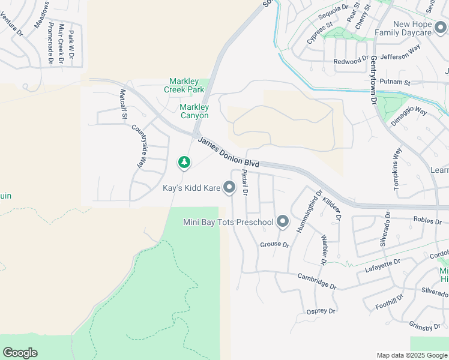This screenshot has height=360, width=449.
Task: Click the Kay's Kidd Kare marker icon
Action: (x=229, y=188)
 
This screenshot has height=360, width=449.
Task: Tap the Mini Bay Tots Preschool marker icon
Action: (x=282, y=223)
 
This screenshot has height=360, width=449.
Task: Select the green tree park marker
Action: (x=184, y=162)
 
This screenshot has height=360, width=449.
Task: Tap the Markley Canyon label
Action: (x=194, y=111)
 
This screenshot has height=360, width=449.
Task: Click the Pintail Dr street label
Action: (x=244, y=182)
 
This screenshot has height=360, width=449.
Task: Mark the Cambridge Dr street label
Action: (x=318, y=281)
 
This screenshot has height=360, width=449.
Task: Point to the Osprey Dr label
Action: (x=321, y=311)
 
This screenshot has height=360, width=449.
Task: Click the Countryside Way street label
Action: (x=139, y=146)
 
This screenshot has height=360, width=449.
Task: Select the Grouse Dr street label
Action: (x=274, y=245)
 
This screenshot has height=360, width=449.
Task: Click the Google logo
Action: (x=20, y=353)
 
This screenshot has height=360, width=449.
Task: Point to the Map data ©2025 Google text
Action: (x=411, y=355)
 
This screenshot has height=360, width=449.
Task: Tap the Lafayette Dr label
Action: (x=382, y=266)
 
